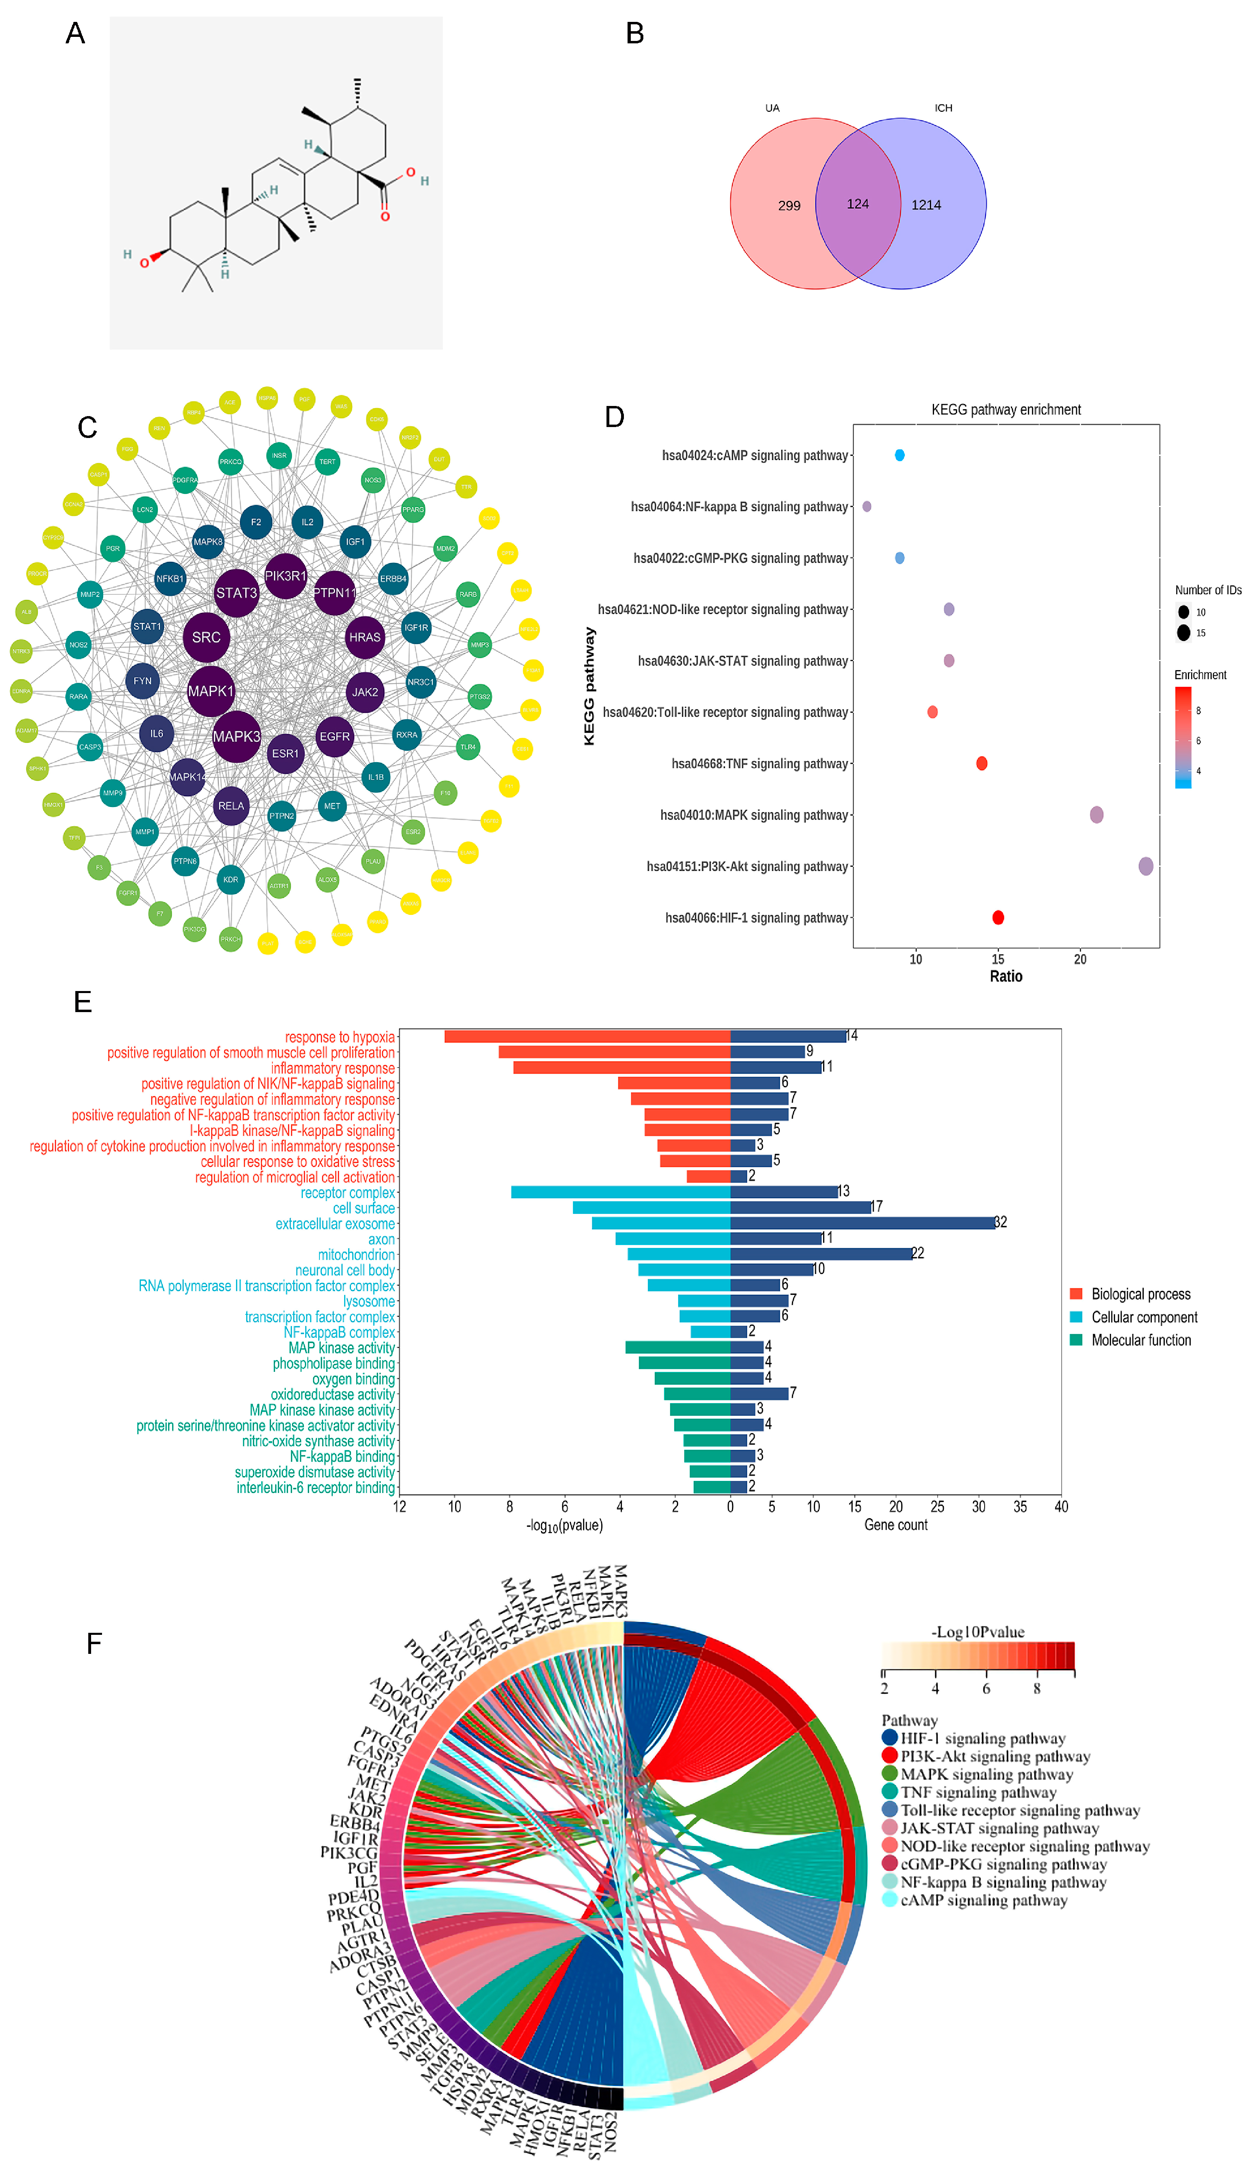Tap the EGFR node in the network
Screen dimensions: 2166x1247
(x=334, y=736)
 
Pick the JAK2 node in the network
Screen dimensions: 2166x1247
(x=365, y=692)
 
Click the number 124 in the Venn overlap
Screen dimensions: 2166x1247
(x=858, y=204)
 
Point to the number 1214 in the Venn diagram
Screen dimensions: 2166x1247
(x=926, y=205)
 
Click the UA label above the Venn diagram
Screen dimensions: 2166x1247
(x=772, y=108)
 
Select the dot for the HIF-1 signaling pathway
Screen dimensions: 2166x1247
(x=998, y=918)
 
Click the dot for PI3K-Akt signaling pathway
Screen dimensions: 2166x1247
(x=1145, y=866)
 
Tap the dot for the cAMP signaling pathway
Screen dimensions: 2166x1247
(x=899, y=455)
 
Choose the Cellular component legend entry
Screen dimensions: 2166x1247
(x=1143, y=1317)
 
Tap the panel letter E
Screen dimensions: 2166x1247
(x=83, y=1002)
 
